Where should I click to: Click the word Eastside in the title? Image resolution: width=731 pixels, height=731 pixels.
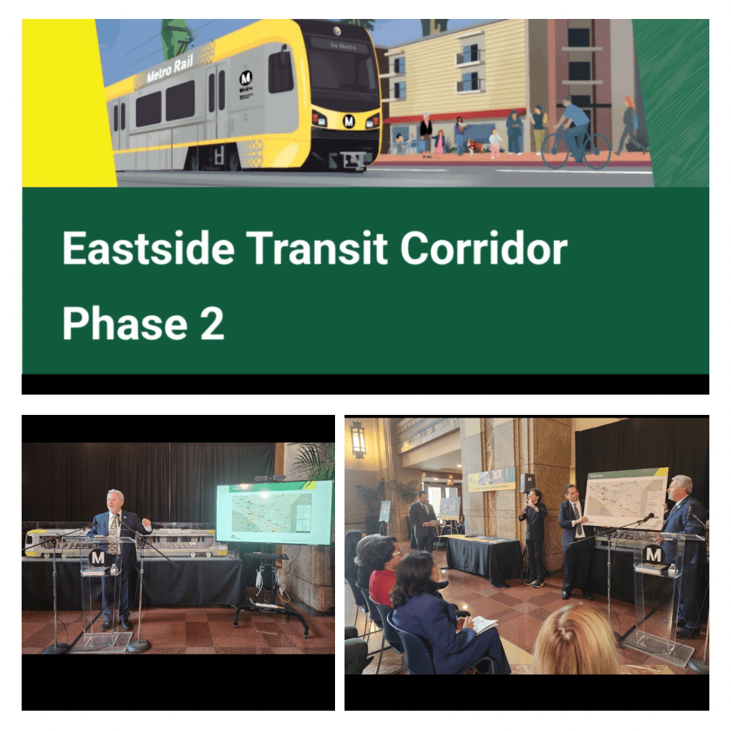pyautogui.click(x=148, y=248)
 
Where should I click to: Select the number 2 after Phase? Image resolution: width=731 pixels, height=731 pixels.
pyautogui.click(x=211, y=324)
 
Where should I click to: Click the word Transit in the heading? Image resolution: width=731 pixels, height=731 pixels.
pyautogui.click(x=317, y=248)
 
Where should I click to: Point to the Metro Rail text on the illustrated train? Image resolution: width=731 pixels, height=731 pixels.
pyautogui.click(x=170, y=68)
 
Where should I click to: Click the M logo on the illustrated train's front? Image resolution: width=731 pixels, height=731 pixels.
pyautogui.click(x=349, y=121)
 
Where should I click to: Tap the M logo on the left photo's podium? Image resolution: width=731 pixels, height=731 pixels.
pyautogui.click(x=98, y=558)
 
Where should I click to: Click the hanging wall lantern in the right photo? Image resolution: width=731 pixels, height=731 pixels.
pyautogui.click(x=358, y=439)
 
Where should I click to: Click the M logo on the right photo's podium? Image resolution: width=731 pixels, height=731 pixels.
pyautogui.click(x=653, y=555)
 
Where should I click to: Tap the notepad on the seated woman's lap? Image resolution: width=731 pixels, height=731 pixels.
pyautogui.click(x=483, y=624)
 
